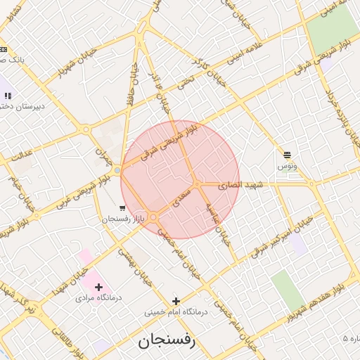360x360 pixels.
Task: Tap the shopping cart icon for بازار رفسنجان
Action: tap(122, 208)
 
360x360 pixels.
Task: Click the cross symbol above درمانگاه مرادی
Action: tap(98, 287)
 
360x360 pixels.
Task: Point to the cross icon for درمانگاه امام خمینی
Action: tap(176, 301)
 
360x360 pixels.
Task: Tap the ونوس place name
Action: tap(288, 165)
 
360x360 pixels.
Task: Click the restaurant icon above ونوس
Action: tap(287, 155)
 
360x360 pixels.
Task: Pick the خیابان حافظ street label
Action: tap(129, 83)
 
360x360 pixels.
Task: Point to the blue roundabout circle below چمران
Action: tap(117, 170)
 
